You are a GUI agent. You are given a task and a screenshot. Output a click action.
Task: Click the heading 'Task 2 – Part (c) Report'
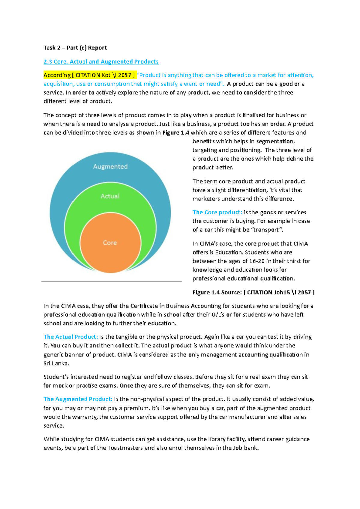coord(75,48)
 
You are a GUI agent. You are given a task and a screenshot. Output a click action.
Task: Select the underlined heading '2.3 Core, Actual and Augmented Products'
coord(101,61)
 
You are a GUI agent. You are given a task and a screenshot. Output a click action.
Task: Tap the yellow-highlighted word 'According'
coord(57,75)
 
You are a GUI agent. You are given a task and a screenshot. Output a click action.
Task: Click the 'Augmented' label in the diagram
coord(110,167)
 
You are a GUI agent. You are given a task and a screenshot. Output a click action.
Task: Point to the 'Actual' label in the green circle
coord(110,196)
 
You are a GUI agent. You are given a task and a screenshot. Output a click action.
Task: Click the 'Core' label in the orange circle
coord(110,243)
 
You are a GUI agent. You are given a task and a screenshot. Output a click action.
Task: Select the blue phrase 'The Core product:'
coord(217,212)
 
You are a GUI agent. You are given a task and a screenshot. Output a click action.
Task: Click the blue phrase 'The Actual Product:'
coord(71,337)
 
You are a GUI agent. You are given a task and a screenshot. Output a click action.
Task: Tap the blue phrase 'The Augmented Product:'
coord(78,399)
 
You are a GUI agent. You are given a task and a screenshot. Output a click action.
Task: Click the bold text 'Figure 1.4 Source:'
coord(217,292)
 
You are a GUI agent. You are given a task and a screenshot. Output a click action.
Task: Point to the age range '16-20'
coord(257,261)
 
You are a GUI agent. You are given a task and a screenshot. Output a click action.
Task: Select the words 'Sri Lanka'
coord(56,363)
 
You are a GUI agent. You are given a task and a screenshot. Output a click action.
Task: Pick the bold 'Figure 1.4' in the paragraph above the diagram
coord(175,132)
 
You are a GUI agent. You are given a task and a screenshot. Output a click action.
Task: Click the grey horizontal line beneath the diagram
coord(111,281)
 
